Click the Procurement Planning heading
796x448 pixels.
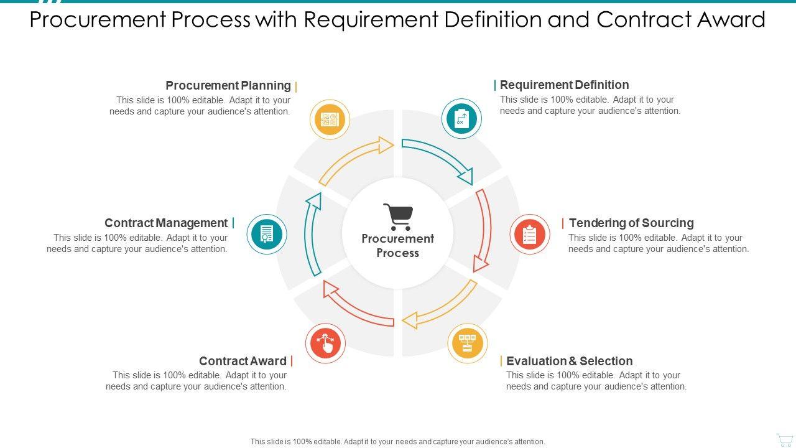[228, 85]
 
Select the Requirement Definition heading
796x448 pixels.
[564, 85]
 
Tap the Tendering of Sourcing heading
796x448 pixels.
[631, 223]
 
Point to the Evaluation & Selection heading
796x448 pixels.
[569, 361]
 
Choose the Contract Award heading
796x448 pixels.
[243, 361]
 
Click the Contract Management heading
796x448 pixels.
[166, 223]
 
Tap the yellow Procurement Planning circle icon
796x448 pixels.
[330, 119]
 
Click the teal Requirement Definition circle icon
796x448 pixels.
[461, 118]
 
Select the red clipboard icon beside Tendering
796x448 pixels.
[530, 235]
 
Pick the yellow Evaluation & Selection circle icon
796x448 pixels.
[468, 343]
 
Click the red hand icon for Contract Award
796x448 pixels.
[325, 343]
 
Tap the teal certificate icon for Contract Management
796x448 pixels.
[267, 235]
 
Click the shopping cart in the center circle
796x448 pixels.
[398, 217]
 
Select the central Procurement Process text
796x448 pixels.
[398, 246]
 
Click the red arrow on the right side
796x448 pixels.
[483, 230]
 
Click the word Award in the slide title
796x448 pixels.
[734, 20]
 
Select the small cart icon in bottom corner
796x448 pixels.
[784, 439]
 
